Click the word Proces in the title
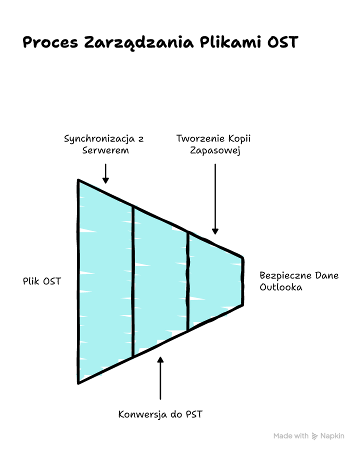[50, 42]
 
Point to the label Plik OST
[42, 281]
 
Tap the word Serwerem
[105, 150]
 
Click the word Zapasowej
[215, 150]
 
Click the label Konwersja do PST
[160, 414]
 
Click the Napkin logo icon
[315, 436]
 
